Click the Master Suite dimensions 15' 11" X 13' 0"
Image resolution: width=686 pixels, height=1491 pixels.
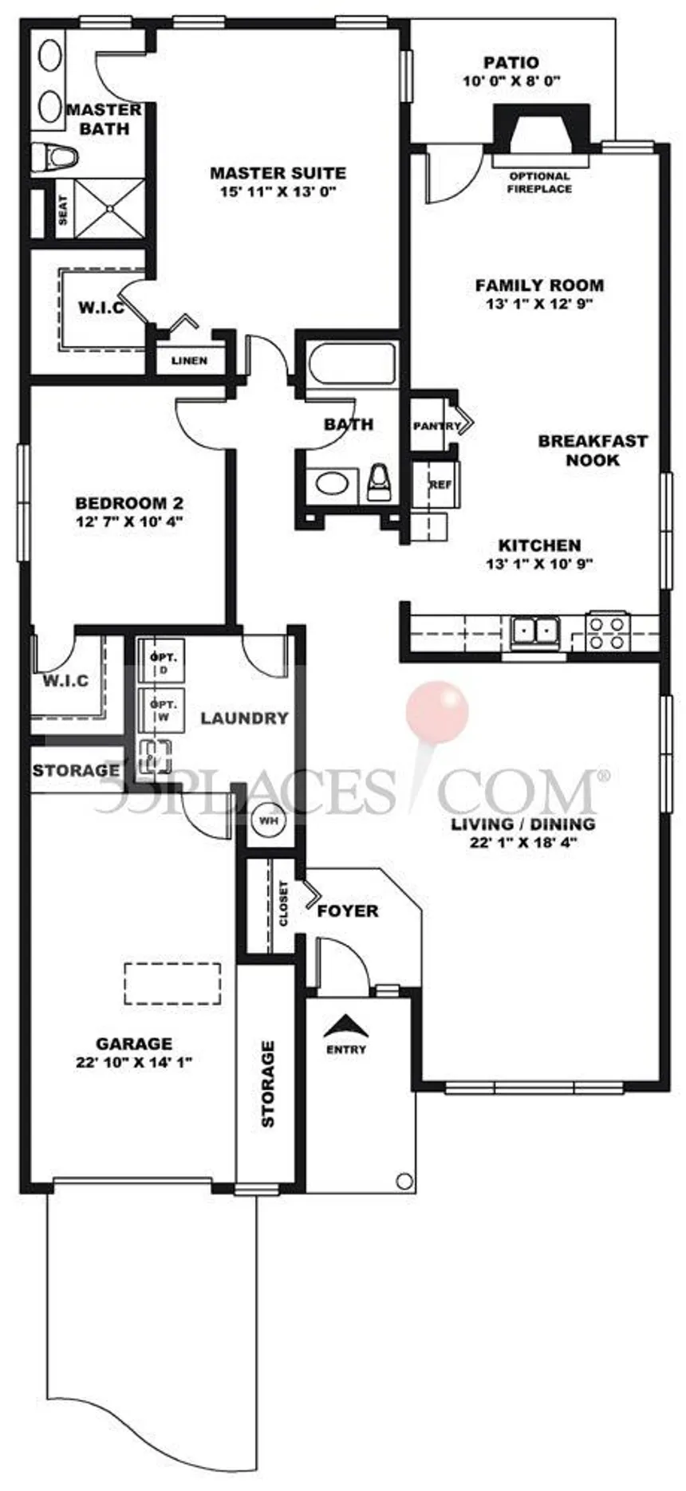click(278, 191)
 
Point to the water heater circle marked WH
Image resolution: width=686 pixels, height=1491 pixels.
click(268, 819)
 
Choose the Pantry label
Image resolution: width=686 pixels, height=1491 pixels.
click(436, 426)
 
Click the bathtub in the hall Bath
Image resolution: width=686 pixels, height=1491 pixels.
click(353, 364)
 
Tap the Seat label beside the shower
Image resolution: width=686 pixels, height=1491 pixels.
click(63, 210)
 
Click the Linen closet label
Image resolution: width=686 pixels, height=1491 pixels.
click(189, 360)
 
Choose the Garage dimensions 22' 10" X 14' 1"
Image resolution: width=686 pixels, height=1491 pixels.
click(133, 1061)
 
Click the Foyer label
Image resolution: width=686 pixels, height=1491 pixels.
click(348, 911)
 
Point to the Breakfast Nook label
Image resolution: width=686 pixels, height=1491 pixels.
click(593, 450)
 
